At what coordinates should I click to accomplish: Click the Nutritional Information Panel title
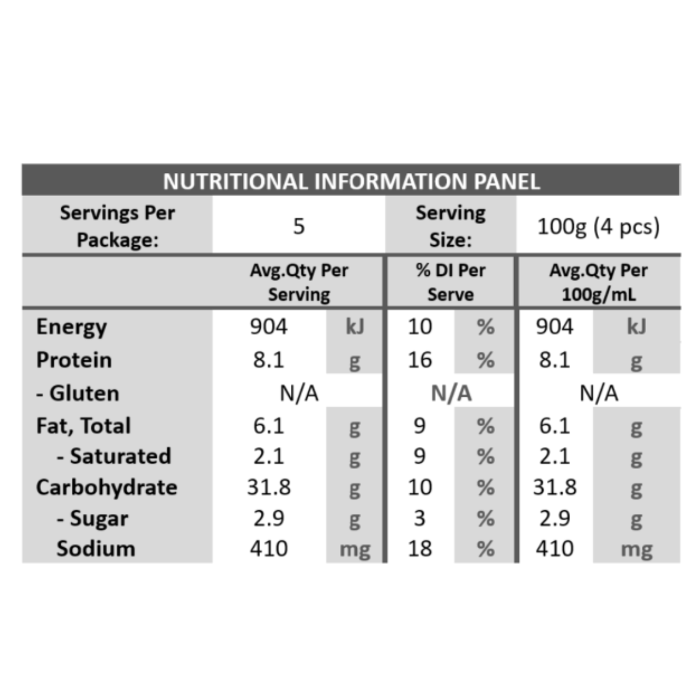[351, 181]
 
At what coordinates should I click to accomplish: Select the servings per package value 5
[298, 226]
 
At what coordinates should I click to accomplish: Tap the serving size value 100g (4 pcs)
[598, 227]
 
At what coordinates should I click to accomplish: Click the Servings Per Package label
[117, 226]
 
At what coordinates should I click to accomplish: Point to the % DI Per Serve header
[451, 282]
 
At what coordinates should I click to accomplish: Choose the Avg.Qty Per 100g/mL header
[599, 282]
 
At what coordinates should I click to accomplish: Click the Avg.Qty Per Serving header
[299, 282]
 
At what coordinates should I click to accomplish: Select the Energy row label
[71, 327]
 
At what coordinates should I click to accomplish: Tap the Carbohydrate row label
[106, 488]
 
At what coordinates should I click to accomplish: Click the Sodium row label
[96, 549]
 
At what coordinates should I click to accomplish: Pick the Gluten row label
[77, 393]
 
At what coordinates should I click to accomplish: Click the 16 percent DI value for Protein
[420, 360]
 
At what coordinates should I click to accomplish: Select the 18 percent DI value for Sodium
[420, 549]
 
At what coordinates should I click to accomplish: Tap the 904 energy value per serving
[269, 327]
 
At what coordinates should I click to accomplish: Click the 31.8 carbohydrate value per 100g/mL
[555, 488]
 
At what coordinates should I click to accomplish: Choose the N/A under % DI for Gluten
[451, 393]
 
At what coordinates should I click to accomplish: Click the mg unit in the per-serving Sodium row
[355, 550]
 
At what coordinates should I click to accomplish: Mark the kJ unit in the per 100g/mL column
[636, 327]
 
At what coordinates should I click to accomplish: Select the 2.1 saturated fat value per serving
[269, 457]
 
